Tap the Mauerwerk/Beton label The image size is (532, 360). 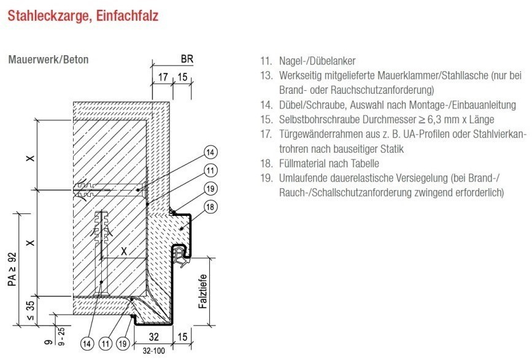pyautogui.click(x=48, y=60)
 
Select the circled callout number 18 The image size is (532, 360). pyautogui.click(x=210, y=207)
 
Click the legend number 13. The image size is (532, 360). pyautogui.click(x=266, y=75)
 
